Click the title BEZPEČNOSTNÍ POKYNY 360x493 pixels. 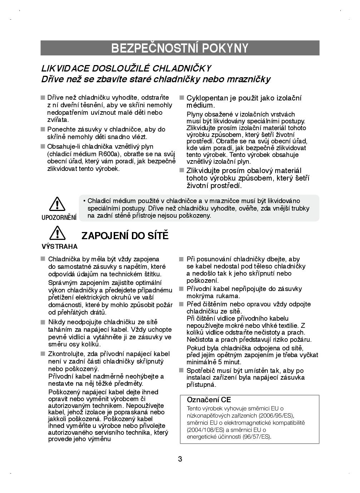(180, 48)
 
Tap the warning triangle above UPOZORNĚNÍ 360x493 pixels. (57, 204)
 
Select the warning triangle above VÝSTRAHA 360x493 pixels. (57, 233)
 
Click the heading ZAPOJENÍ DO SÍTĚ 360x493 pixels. (125, 236)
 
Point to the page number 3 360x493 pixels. (180, 459)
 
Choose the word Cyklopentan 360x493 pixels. (206, 98)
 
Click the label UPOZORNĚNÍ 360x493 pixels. (59, 217)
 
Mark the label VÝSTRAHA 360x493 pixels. (60, 246)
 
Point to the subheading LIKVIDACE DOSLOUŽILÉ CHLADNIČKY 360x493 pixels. (126, 68)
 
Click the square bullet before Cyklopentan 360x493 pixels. (181, 98)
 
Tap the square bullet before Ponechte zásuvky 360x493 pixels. (43, 129)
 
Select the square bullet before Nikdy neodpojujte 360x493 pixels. (43, 322)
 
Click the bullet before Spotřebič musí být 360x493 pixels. (181, 371)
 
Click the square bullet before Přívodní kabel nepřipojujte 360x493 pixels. (181, 289)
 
